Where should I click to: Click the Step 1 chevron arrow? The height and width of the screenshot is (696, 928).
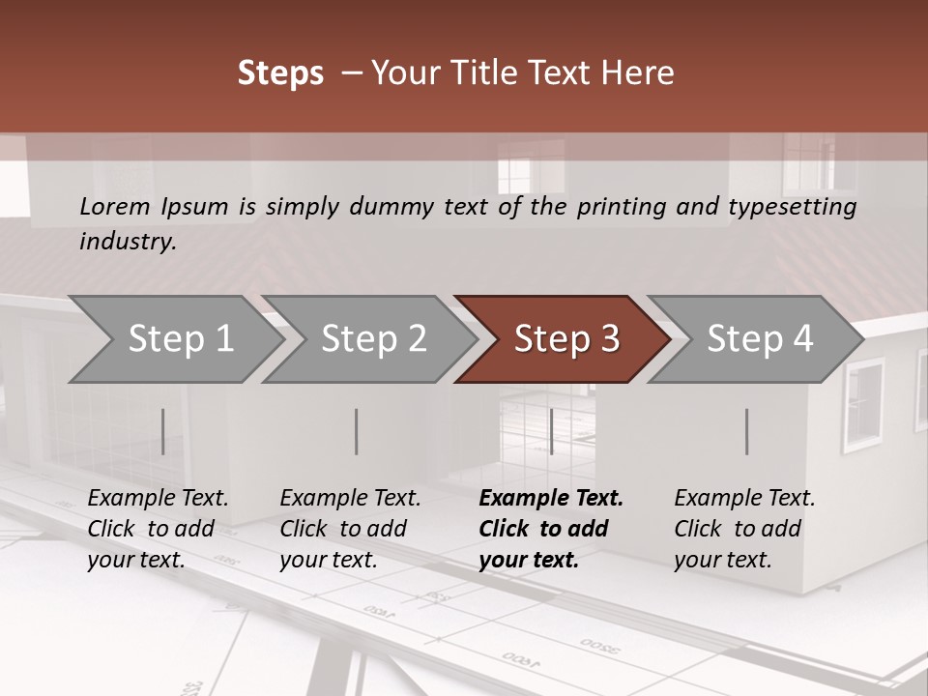pos(174,339)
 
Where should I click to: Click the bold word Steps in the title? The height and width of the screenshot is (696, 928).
pos(280,73)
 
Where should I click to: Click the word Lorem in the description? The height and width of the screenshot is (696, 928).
pos(115,206)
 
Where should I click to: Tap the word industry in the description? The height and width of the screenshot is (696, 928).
pos(128,241)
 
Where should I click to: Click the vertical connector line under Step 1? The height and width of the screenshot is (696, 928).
pos(163,431)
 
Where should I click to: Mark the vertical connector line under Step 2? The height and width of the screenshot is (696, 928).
pos(357,431)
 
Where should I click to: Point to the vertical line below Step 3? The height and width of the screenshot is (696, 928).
pos(551,431)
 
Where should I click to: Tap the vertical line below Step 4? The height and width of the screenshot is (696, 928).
pos(746,431)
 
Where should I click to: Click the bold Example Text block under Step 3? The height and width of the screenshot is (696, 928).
pos(550,529)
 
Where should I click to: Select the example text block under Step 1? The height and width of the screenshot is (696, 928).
pos(158,529)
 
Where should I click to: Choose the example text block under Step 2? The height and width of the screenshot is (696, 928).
pos(350,529)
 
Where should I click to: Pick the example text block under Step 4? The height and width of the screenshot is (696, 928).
pos(744,529)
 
